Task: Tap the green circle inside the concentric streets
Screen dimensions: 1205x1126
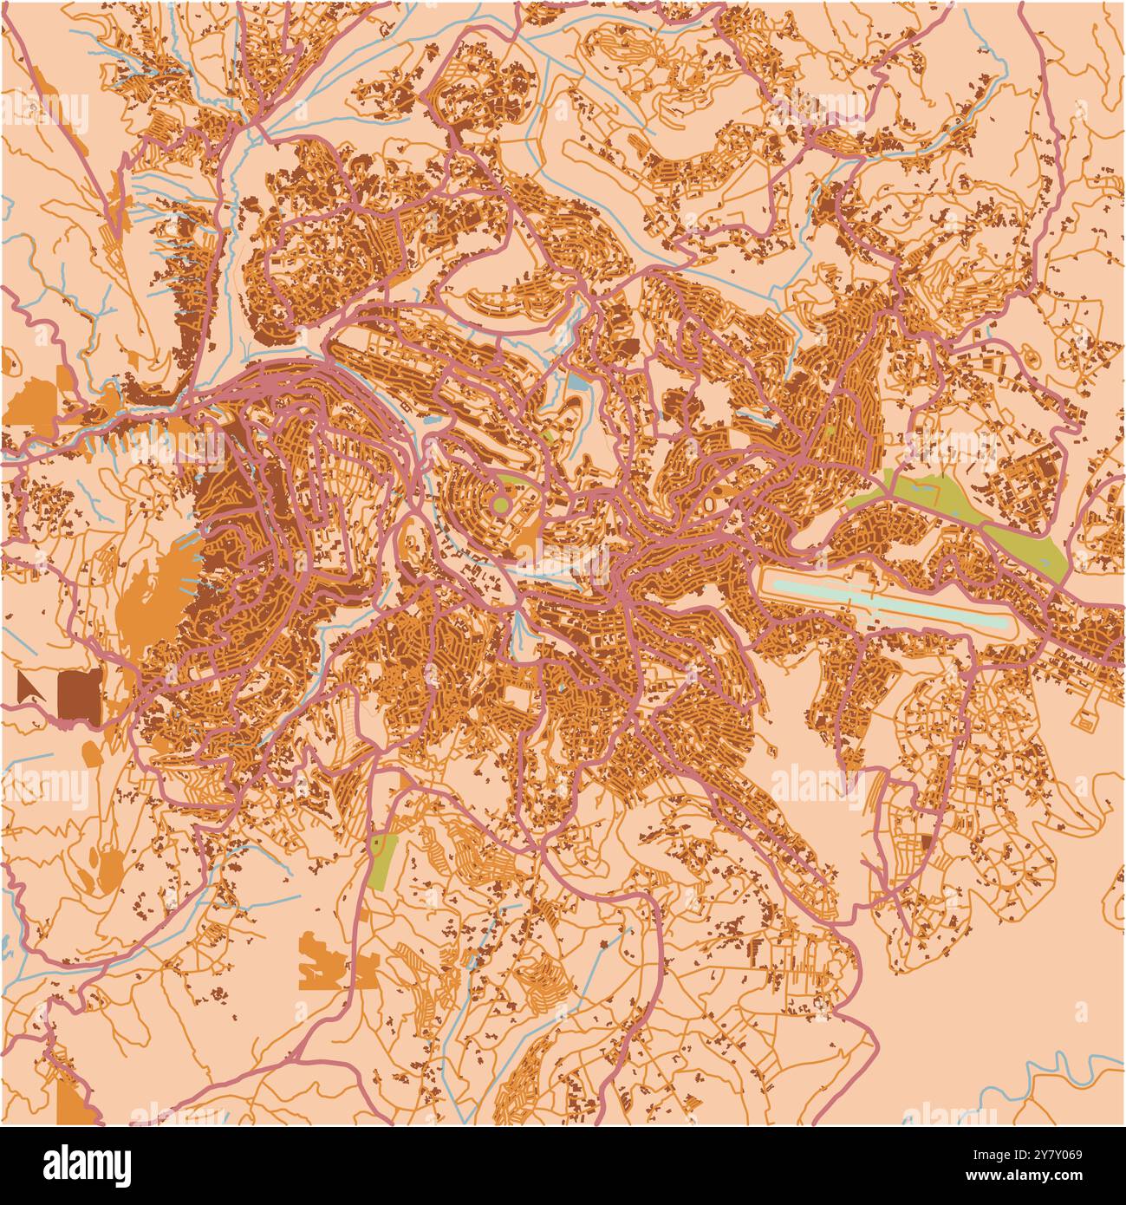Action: (500, 504)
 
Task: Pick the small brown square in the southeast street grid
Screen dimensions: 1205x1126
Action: (927, 841)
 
